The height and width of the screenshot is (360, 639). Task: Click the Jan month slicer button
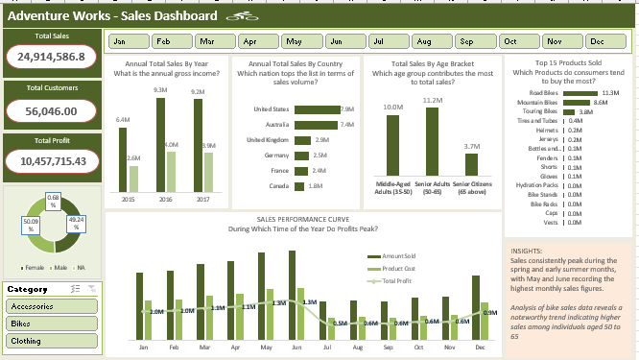point(128,42)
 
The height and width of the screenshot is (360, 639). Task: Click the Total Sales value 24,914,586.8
point(52,58)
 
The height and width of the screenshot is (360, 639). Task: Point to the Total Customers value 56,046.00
point(52,110)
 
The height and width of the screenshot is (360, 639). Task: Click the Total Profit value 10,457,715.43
point(52,161)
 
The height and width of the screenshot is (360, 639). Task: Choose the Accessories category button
point(52,306)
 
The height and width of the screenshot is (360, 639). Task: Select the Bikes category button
point(52,324)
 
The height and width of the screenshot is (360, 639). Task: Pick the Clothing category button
point(52,341)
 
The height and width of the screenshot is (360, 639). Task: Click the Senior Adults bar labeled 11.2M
point(431,141)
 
